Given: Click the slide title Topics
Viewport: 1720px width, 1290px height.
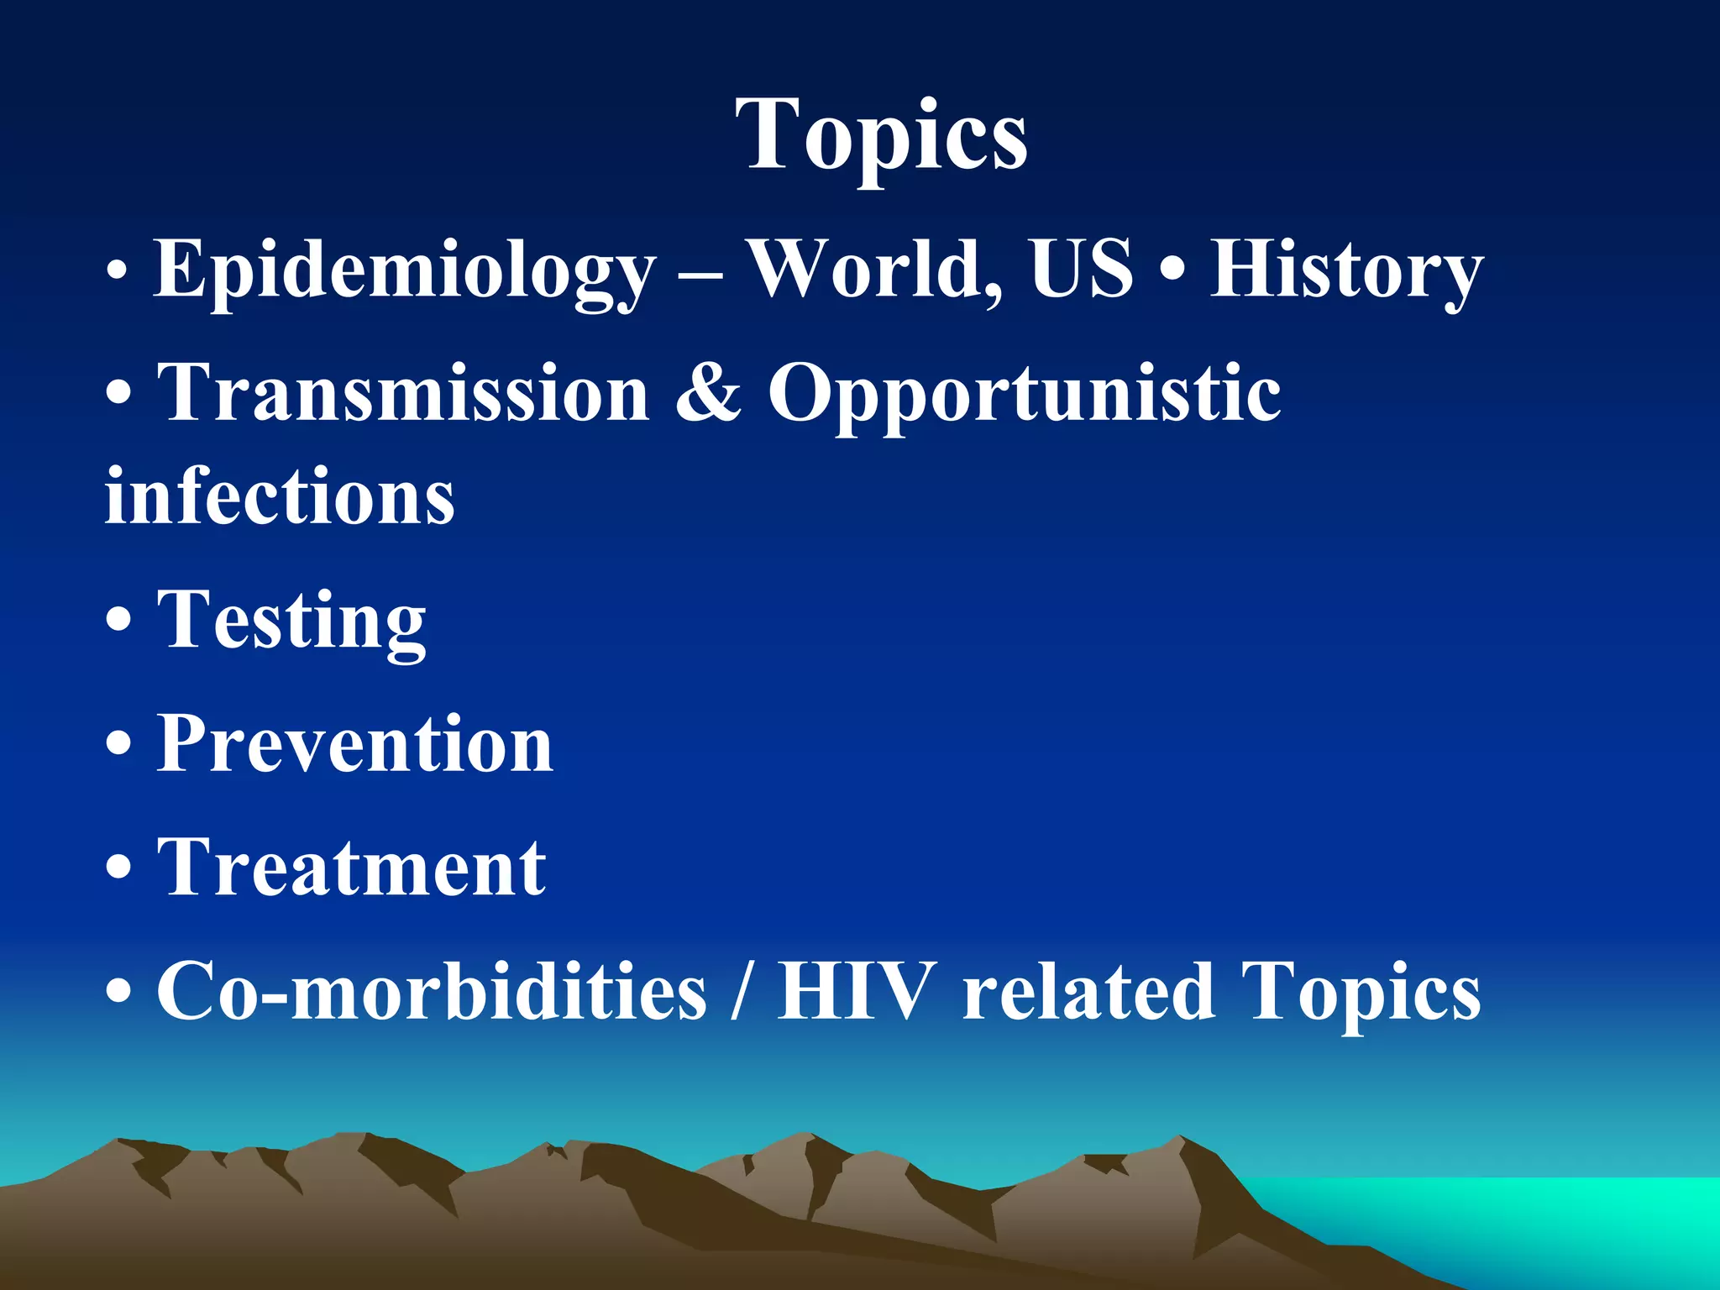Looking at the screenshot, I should pos(881,134).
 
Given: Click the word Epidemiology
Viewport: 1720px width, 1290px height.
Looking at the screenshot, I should pos(403,270).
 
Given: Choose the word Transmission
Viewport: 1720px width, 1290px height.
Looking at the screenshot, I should pos(403,393).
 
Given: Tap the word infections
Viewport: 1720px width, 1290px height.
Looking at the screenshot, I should pos(280,497).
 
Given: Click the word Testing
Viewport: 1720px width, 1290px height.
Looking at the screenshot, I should pos(291,621).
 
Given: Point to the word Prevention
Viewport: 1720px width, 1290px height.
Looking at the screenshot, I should pos(354,744).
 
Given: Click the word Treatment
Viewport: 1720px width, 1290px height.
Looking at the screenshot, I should pos(351,868).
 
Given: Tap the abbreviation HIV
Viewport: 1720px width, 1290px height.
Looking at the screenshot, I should pos(856,991).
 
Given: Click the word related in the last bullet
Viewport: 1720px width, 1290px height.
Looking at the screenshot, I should pos(1088,991).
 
